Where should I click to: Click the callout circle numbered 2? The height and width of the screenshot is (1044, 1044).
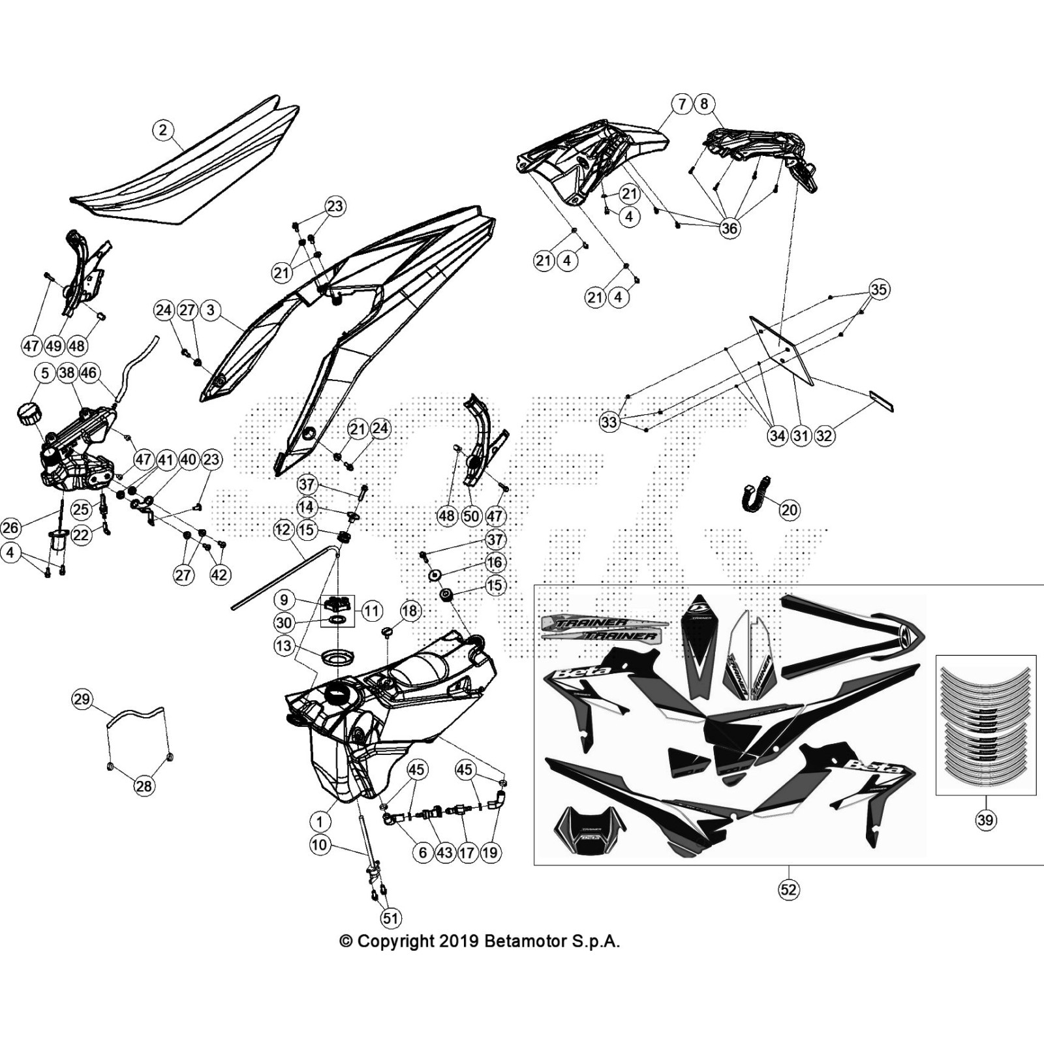tap(162, 130)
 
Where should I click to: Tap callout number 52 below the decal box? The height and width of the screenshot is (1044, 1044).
tap(789, 889)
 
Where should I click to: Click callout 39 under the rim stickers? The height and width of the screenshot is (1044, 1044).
tap(985, 820)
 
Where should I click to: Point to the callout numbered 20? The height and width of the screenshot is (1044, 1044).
tap(790, 510)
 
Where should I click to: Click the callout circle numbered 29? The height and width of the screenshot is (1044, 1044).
tap(82, 700)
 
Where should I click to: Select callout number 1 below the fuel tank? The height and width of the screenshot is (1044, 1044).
tap(320, 821)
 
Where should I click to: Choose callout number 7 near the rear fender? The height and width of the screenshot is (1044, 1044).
tap(682, 104)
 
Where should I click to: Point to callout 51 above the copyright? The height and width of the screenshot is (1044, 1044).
tap(390, 919)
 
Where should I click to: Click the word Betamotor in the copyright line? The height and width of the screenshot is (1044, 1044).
tap(526, 941)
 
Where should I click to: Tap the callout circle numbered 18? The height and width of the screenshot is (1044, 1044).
tap(410, 611)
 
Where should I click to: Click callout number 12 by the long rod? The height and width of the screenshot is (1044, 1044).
tap(283, 529)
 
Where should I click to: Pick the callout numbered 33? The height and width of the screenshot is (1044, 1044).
tap(609, 422)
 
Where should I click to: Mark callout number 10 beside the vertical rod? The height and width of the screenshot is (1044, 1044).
tap(319, 845)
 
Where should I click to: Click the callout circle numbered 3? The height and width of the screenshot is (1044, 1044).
tap(210, 310)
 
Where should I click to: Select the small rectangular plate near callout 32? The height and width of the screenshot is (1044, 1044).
tap(881, 401)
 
